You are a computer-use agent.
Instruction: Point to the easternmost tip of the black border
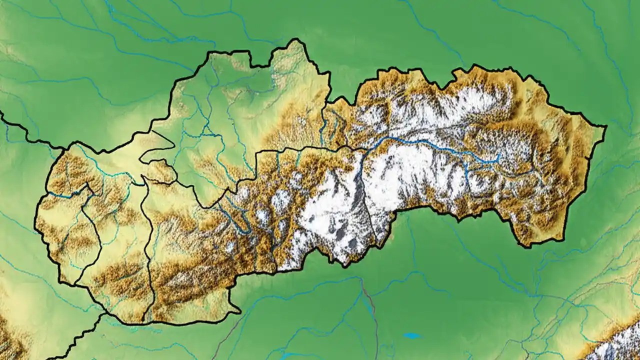pos(606,127)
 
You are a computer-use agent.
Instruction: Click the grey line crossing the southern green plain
pos(371,310)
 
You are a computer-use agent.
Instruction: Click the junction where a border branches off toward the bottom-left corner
pos(104,314)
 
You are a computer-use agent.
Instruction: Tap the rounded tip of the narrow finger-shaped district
pos(142,159)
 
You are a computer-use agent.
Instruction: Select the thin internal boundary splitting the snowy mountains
pos(367,200)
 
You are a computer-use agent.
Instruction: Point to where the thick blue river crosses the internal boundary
pos(369,148)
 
